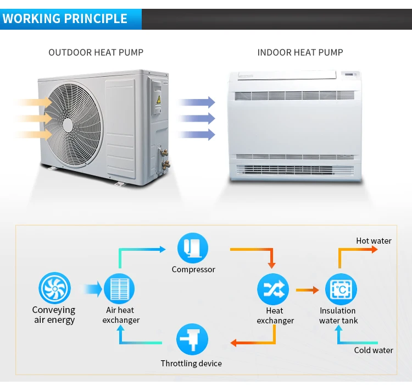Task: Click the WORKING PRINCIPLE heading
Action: (x=65, y=18)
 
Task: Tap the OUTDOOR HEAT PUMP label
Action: (x=96, y=53)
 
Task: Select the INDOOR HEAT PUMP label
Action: (x=300, y=53)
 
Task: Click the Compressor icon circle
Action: (x=193, y=248)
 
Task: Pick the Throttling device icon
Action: (x=192, y=339)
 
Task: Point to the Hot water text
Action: (x=374, y=241)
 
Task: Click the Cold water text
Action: (x=374, y=350)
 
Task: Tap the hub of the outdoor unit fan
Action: (x=68, y=125)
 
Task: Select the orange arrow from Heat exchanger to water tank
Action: (x=307, y=289)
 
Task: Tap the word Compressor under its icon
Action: (x=193, y=269)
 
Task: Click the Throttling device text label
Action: (x=191, y=364)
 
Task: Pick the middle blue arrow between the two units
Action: (x=197, y=118)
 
